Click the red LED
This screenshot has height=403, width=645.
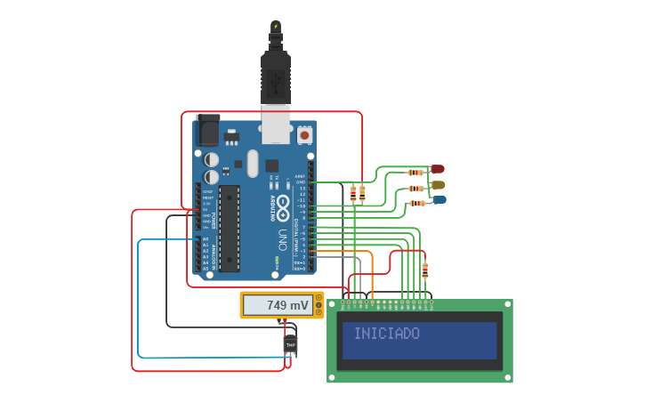[x=437, y=169]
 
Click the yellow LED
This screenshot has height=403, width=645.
[x=437, y=185]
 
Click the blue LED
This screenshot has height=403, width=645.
[x=439, y=200]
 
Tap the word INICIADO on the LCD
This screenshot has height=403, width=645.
[x=387, y=334]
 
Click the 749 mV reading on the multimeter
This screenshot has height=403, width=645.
[x=287, y=305]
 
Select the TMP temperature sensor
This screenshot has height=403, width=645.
[x=290, y=343]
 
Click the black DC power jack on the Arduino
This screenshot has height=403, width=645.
[x=207, y=131]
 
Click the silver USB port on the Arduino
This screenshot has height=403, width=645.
[x=276, y=125]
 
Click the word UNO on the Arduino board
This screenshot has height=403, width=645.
[x=282, y=239]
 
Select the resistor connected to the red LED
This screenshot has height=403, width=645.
[x=415, y=173]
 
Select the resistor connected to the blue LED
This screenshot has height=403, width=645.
[x=415, y=204]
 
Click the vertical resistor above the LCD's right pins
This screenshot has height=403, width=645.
[x=424, y=270]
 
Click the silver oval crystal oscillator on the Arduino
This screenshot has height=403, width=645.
[x=252, y=163]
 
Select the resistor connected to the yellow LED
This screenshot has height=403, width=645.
[x=415, y=189]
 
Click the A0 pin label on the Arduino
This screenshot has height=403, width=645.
[x=206, y=239]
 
